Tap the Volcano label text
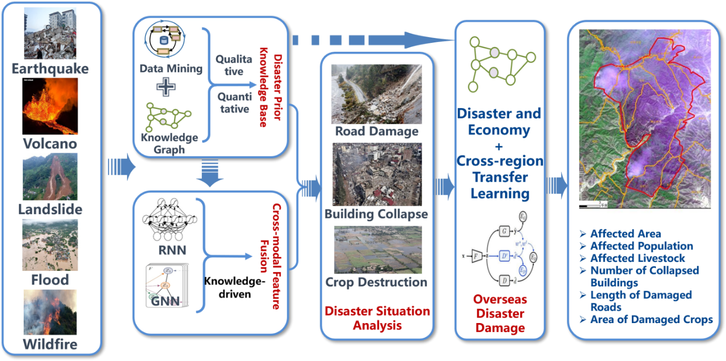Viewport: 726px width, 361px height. click(50, 144)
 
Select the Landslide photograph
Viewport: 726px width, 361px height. click(50, 176)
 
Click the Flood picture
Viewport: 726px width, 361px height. click(50, 245)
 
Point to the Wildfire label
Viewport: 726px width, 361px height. click(50, 344)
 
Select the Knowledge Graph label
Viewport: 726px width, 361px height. click(169, 143)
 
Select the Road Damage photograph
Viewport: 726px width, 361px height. click(377, 94)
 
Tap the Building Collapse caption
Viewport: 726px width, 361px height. click(376, 215)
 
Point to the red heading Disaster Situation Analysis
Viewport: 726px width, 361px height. click(377, 318)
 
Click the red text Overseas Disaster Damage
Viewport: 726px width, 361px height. click(500, 313)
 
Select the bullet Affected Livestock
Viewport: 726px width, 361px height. click(638, 258)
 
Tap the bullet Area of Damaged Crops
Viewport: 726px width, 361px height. click(652, 320)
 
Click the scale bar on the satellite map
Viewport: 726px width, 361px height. click(591, 205)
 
